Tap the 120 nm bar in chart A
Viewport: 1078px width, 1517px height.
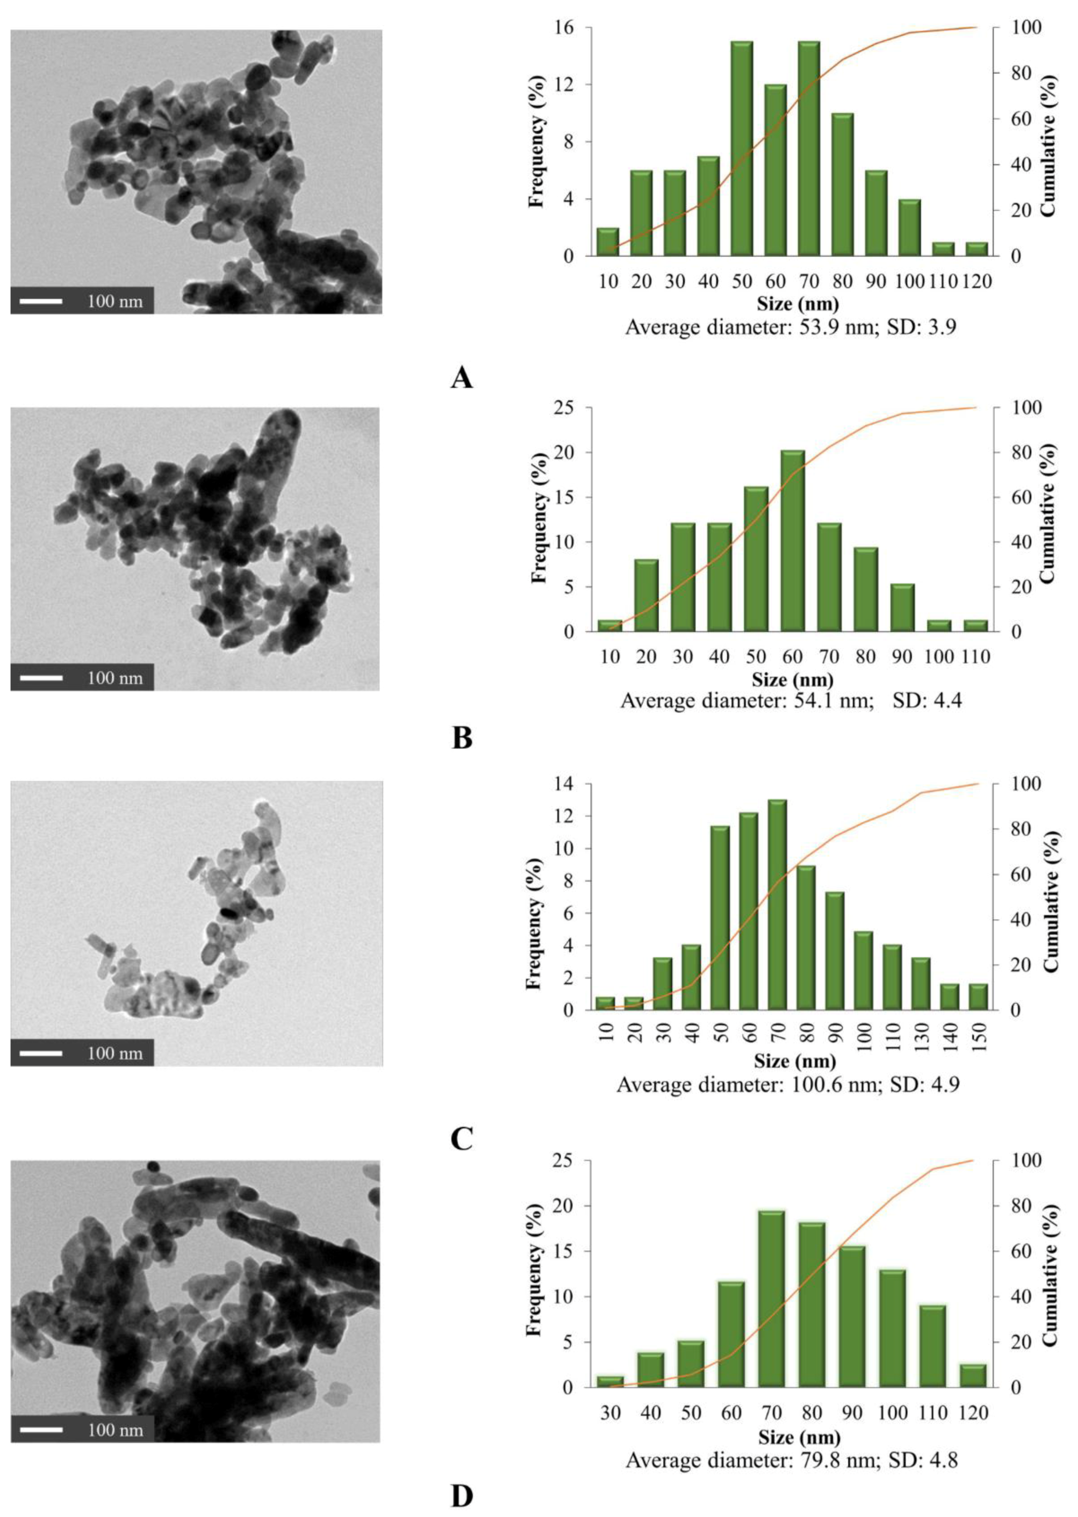click(x=976, y=249)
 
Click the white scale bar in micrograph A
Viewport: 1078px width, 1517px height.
click(x=40, y=301)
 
